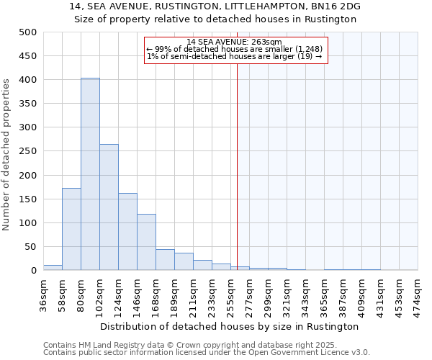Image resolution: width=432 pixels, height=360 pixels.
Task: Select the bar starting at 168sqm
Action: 165,260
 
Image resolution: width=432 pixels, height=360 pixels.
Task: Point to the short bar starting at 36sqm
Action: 53,268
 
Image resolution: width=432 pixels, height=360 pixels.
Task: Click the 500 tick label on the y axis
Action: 28,32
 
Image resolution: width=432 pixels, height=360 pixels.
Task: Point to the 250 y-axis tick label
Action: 28,151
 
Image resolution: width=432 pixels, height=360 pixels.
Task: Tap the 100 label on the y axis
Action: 28,223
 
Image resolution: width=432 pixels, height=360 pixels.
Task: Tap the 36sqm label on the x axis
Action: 43,293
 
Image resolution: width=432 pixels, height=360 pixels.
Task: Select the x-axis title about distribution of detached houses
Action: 230,326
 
